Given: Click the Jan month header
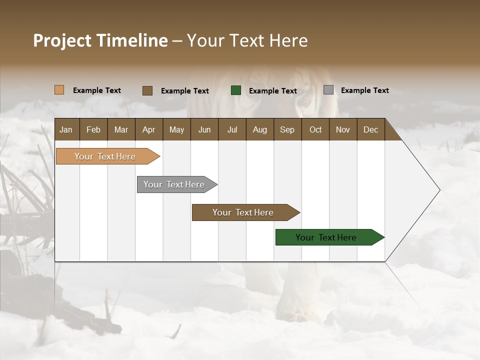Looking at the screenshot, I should pyautogui.click(x=66, y=129).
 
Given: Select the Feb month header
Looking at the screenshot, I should pyautogui.click(x=93, y=129).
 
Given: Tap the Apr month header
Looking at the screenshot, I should pyautogui.click(x=148, y=129).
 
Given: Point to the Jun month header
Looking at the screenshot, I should pyautogui.click(x=204, y=129).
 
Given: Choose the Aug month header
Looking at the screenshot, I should pyautogui.click(x=259, y=129).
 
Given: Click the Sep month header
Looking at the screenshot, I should pyautogui.click(x=287, y=129).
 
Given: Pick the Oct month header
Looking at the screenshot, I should pyautogui.click(x=315, y=129).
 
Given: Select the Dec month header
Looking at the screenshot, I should pyautogui.click(x=370, y=129).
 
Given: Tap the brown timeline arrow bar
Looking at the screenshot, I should pyautogui.click(x=243, y=212).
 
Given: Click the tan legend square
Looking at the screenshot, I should pyautogui.click(x=59, y=90).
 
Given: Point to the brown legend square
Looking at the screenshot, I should pyautogui.click(x=147, y=90).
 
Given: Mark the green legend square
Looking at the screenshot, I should pyautogui.click(x=236, y=90).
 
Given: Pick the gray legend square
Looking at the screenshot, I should pyautogui.click(x=328, y=90).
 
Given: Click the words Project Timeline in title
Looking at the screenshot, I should pyautogui.click(x=100, y=40).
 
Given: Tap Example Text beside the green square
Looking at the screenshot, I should pyautogui.click(x=272, y=91).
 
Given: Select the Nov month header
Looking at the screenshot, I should pyautogui.click(x=342, y=129).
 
